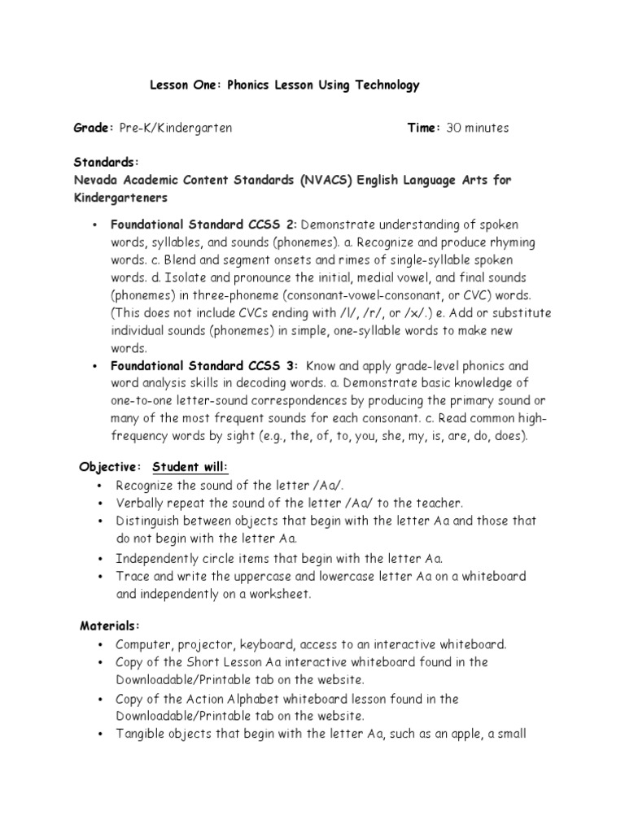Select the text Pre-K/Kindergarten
pos(175,128)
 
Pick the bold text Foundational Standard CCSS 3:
pos(205,366)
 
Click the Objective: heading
pos(110,467)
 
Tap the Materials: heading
pos(110,626)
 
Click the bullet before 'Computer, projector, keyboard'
pos(97,645)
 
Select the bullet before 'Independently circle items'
pos(97,559)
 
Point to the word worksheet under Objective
pos(274,595)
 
